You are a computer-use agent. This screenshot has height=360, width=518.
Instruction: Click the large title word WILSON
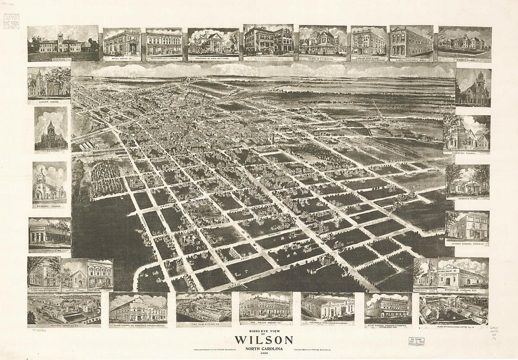tap(263, 340)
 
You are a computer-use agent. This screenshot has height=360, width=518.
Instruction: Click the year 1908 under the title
tap(263, 353)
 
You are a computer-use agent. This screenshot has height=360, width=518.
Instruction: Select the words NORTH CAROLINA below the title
tap(263, 349)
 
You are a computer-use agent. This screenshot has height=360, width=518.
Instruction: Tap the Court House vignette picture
tap(49, 82)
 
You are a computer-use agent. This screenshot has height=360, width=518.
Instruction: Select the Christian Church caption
tap(466, 152)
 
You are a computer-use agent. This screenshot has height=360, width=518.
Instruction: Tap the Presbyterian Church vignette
tap(425, 274)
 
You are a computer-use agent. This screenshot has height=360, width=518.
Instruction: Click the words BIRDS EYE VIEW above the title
tap(263, 331)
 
